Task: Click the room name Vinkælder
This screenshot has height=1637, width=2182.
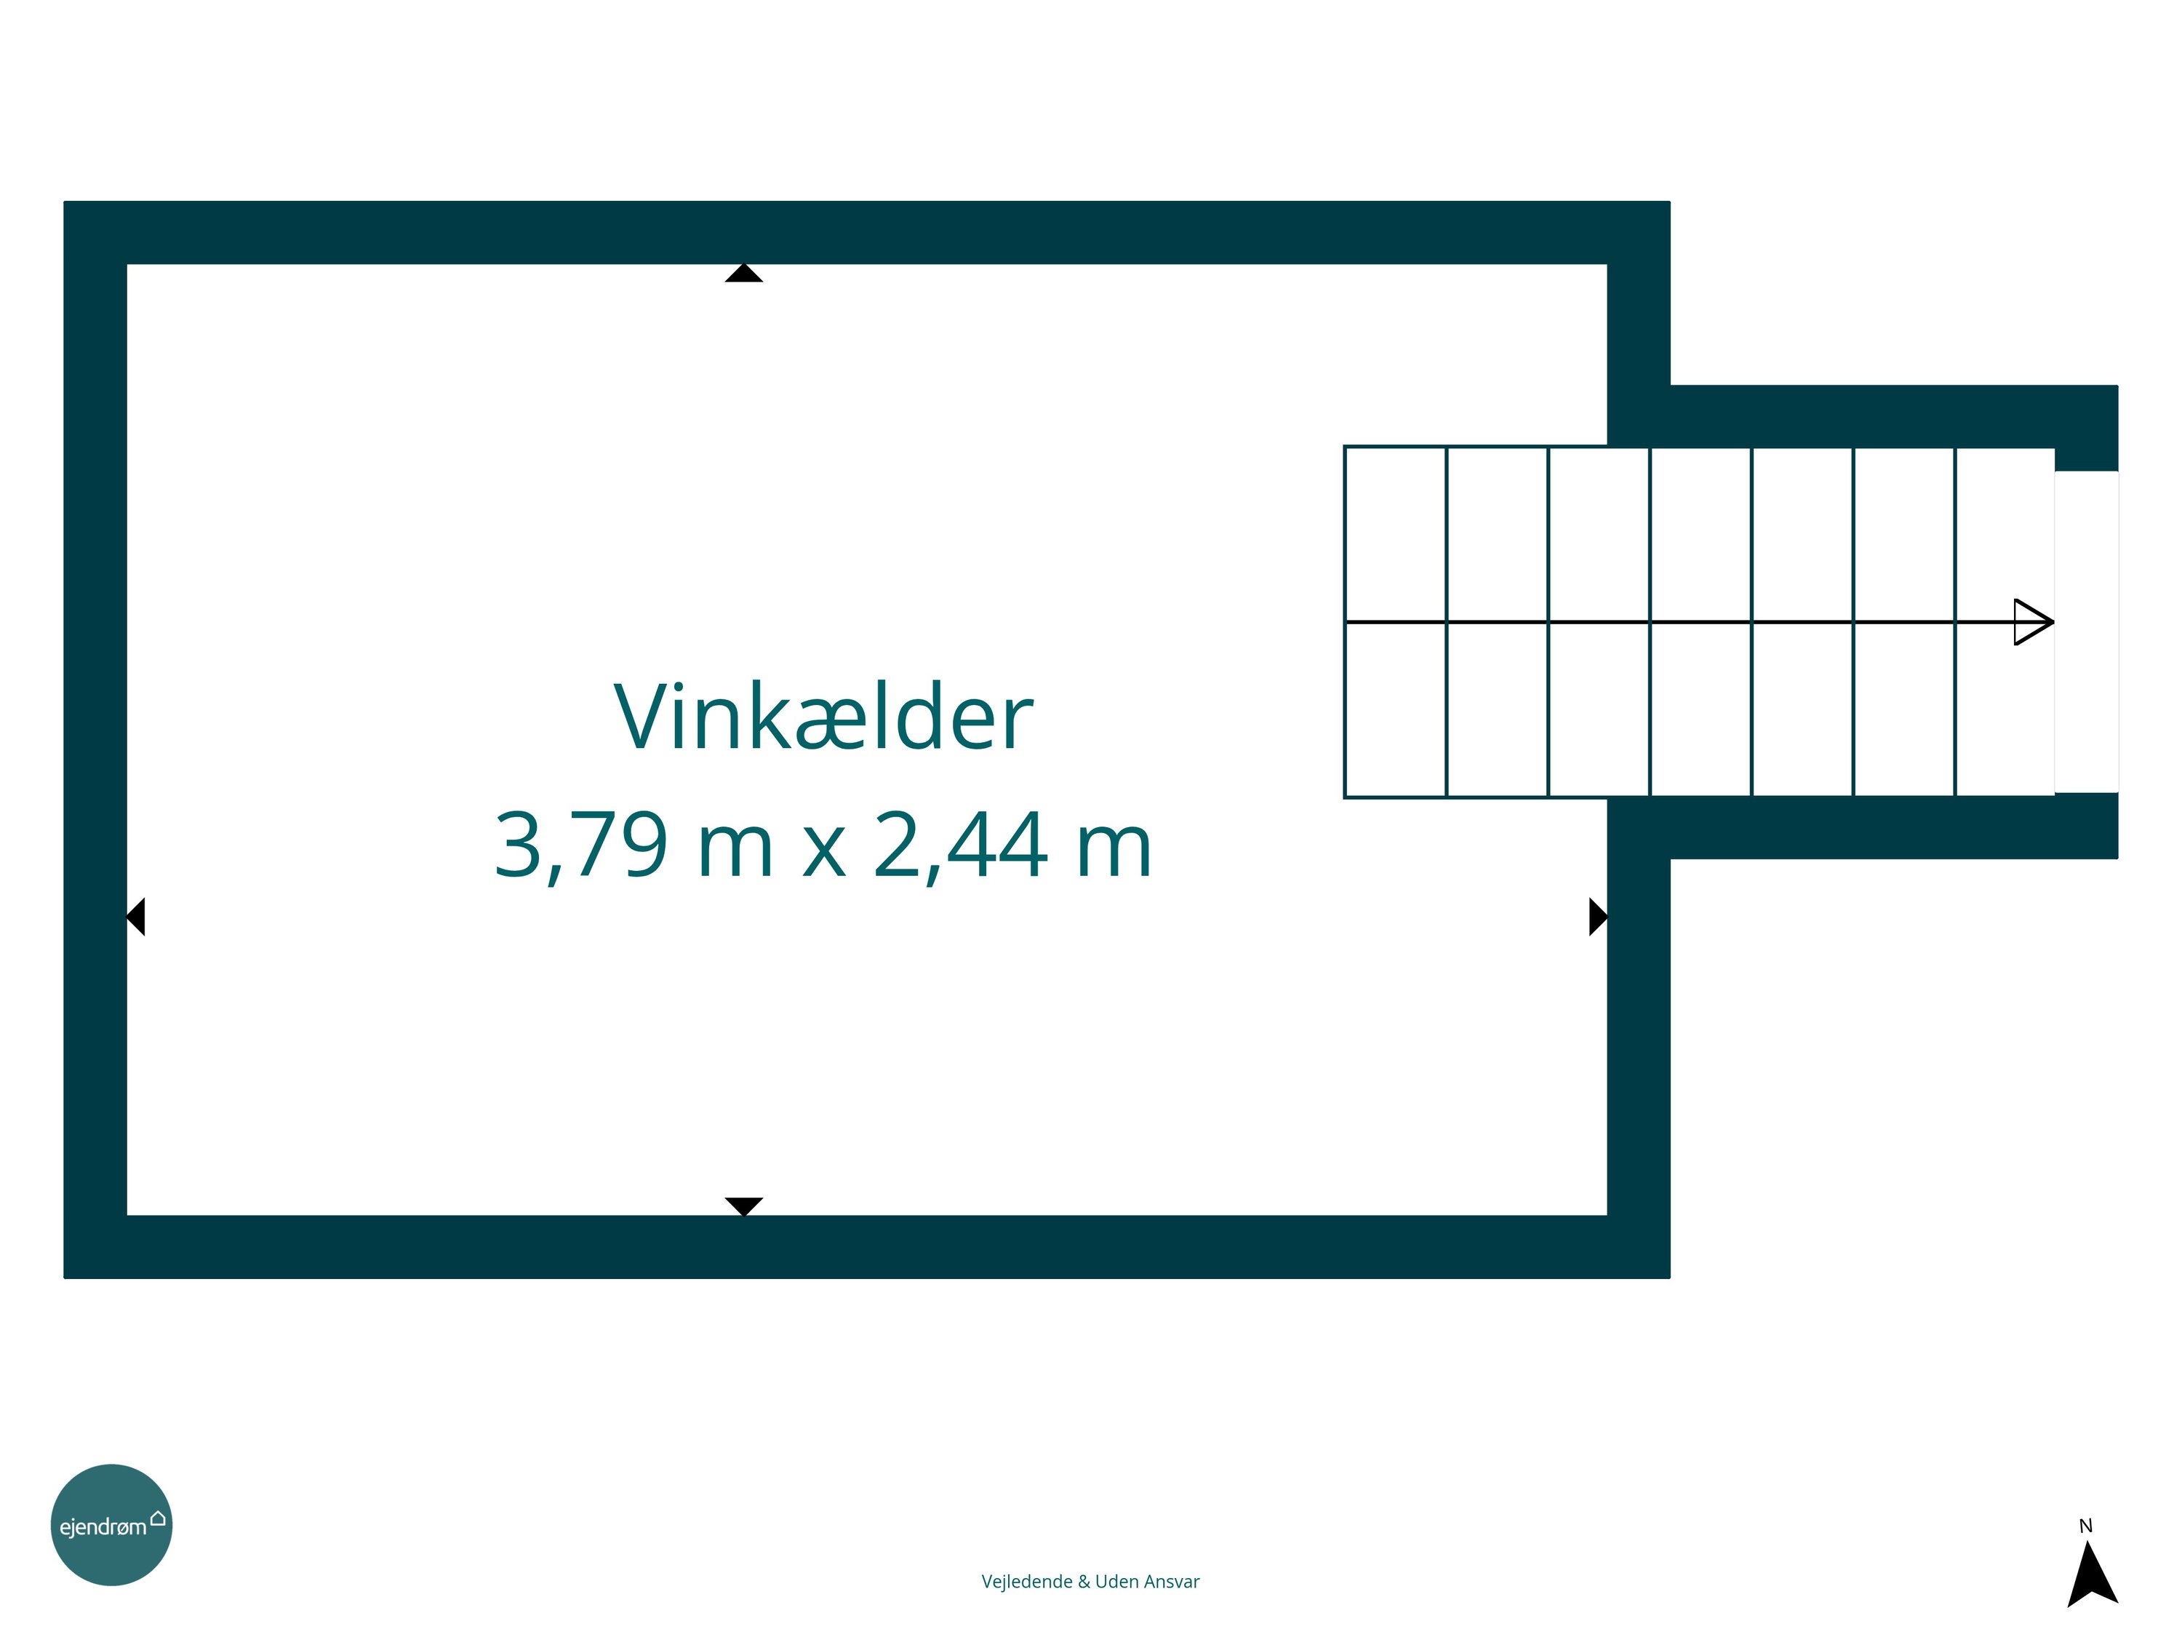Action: coord(823,717)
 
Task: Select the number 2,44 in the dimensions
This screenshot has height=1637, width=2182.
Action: coord(960,845)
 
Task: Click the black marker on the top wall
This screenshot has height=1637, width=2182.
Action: coord(744,274)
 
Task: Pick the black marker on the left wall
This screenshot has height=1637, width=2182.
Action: coord(136,917)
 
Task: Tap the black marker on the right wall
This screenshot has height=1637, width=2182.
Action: coord(1599,917)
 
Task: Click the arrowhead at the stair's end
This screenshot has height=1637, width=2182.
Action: coord(2033,621)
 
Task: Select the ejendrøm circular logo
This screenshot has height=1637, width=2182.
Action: coord(111,1524)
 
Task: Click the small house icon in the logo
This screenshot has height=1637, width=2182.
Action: coord(158,1518)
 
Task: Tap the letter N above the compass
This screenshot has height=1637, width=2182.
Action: coord(2085,1526)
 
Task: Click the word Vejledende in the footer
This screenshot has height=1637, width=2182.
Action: coord(1027,1582)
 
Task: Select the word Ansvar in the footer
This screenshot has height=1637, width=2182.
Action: coord(1172,1582)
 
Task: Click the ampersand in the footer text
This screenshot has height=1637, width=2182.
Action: coord(1084,1582)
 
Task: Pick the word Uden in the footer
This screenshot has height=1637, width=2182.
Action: coord(1116,1582)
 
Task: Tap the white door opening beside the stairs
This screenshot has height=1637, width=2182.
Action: coord(2086,632)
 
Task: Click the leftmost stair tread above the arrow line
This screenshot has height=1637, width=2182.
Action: coord(1396,534)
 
